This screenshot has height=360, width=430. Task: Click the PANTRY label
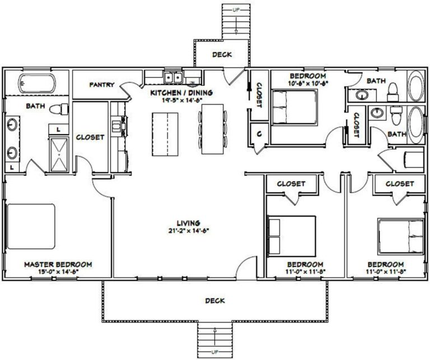pos(102,85)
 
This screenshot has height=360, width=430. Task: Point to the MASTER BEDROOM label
pos(58,264)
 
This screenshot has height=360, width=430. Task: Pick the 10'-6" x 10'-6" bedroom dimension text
pos(307,83)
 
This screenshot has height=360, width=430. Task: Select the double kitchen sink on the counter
pos(173,77)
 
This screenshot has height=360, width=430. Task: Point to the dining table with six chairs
pos(212,128)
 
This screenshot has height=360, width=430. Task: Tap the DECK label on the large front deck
pos(215,301)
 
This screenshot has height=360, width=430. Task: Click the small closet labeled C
pos(259,134)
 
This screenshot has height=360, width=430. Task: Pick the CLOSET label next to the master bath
pos(90,137)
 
